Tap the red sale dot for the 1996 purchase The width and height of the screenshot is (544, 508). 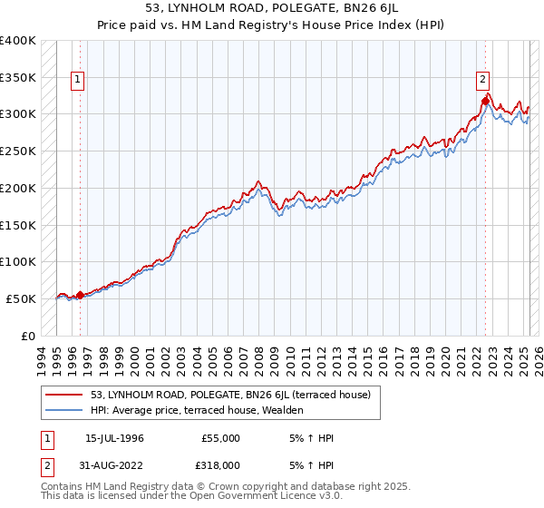pos(80,295)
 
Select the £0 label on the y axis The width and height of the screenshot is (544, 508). pos(30,336)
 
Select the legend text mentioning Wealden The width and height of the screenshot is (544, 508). pos(197,410)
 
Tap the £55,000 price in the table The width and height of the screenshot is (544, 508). pos(220,438)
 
